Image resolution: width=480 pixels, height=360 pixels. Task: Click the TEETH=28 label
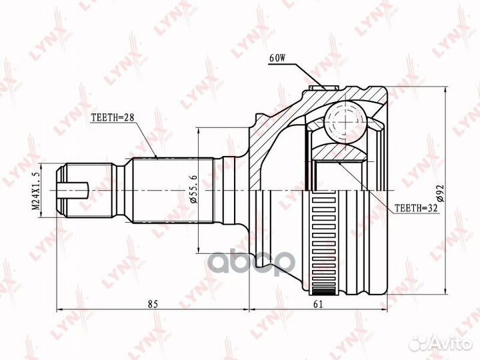coord(113,117)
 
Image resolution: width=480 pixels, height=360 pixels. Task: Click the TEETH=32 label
coord(416,208)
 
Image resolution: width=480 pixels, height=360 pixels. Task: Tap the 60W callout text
coord(277,58)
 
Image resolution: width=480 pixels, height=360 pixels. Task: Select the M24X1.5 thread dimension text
coord(36,191)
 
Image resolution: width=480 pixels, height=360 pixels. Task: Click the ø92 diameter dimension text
coord(440,193)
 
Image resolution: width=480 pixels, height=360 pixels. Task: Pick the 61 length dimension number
coord(319,304)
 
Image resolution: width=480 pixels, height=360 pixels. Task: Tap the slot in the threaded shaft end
coord(73,191)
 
